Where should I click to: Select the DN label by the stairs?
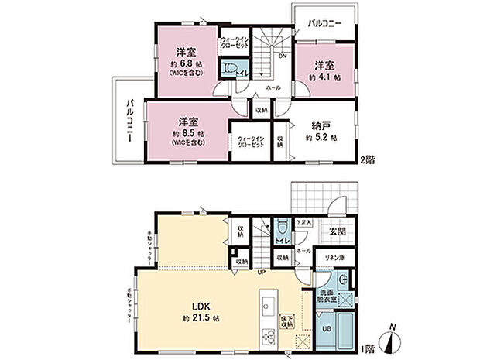click(283, 57)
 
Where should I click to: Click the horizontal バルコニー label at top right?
click(324, 23)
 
